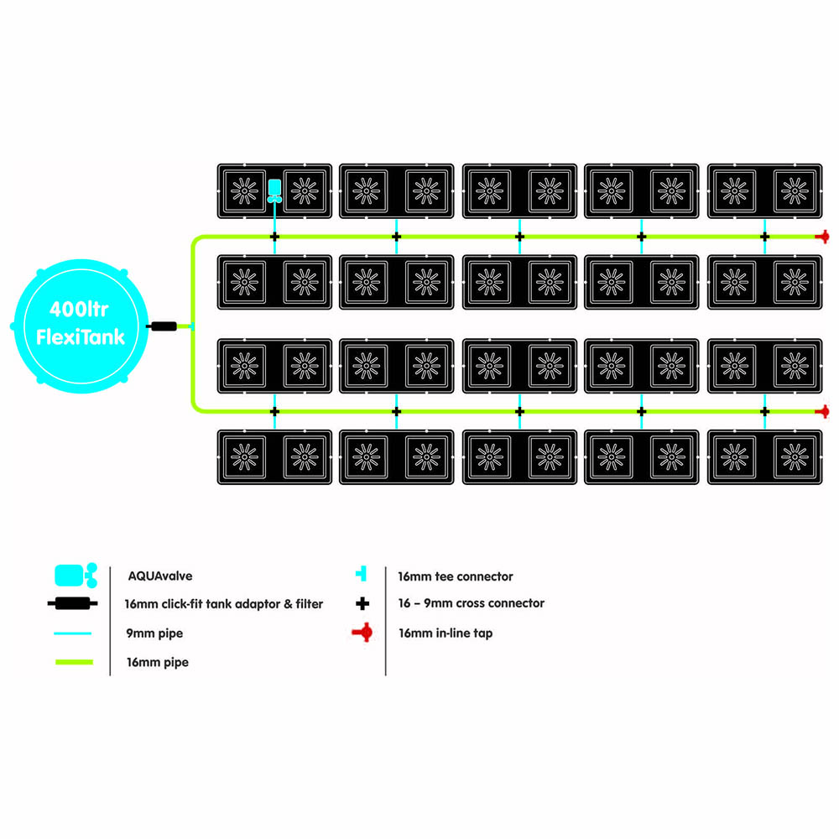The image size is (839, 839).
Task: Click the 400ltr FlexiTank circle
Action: [x=81, y=326]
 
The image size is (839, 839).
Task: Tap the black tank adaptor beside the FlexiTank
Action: [x=162, y=326]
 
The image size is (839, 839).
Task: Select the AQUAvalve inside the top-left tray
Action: [x=274, y=191]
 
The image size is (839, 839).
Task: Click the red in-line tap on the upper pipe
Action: [x=823, y=237]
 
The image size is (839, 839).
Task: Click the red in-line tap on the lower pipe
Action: [x=823, y=411]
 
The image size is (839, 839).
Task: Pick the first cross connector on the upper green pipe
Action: [x=274, y=237]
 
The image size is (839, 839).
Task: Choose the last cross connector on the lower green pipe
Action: [x=764, y=411]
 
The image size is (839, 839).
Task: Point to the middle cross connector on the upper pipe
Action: [x=519, y=237]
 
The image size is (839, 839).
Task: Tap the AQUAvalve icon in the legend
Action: [x=76, y=576]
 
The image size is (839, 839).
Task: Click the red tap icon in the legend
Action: [x=362, y=633]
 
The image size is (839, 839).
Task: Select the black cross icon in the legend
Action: [x=362, y=603]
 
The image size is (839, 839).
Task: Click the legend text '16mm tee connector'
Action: [x=456, y=576]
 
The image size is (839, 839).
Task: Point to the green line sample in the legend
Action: [x=75, y=662]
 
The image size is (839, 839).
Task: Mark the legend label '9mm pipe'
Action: [x=154, y=633]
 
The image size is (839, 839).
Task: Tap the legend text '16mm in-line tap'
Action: [x=446, y=633]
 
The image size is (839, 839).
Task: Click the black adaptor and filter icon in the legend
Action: [x=73, y=603]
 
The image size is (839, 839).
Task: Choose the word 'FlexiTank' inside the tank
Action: [x=81, y=337]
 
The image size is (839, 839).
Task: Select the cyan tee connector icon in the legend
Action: [x=362, y=574]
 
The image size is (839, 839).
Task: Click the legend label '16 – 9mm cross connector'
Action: [x=471, y=603]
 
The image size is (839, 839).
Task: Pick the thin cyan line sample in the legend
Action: [x=73, y=633]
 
